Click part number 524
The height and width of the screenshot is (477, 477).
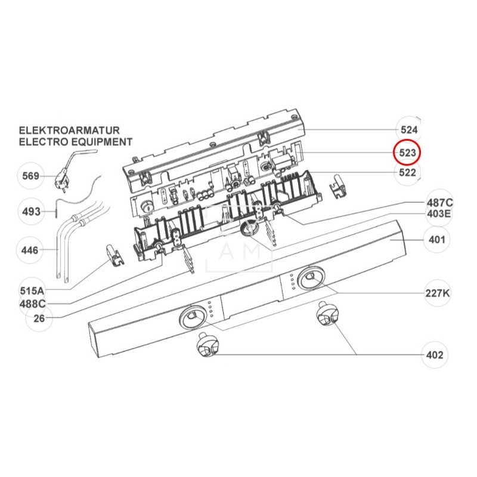408,129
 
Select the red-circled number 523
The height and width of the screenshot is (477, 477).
408,153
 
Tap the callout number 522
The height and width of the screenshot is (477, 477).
408,173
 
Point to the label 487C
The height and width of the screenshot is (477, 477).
439,202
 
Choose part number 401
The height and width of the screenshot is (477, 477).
433,240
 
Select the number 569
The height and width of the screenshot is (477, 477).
31,176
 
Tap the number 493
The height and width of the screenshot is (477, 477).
31,212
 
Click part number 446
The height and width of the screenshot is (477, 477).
31,250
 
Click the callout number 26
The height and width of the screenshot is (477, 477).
39,318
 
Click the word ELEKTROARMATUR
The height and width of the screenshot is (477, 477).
70,130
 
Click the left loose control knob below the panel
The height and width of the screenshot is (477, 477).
206,346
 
